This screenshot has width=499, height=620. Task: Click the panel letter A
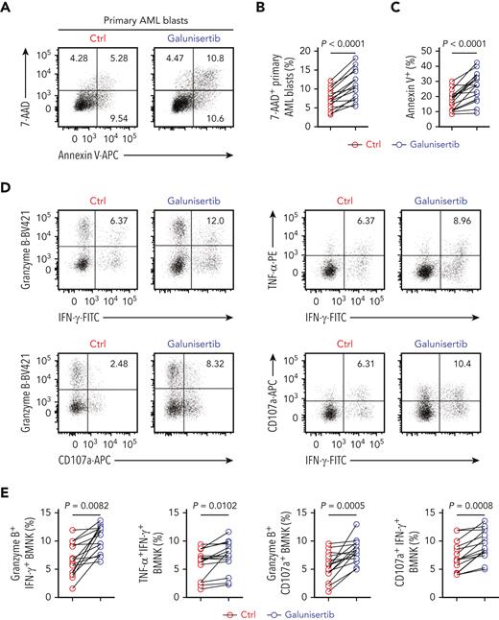tap(7, 8)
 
